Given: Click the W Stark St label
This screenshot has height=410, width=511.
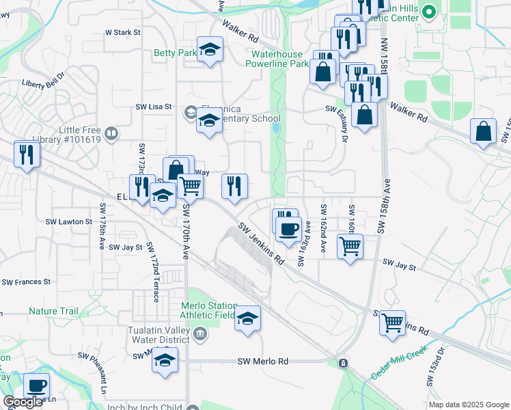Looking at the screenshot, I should click(x=122, y=32).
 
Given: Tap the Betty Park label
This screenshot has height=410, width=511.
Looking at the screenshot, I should click(x=175, y=53).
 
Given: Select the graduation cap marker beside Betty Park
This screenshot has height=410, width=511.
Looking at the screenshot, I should click(x=210, y=50).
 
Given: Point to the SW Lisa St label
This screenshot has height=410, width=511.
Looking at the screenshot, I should click(x=153, y=107).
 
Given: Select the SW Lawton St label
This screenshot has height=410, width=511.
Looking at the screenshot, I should click(x=68, y=221).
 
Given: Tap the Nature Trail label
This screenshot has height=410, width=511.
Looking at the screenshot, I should click(x=54, y=311).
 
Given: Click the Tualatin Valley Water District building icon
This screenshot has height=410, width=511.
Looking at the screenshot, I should click(x=200, y=333).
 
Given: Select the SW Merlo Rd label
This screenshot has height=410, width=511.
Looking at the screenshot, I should click(x=262, y=361).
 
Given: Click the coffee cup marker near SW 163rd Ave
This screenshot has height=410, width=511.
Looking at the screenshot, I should click(x=289, y=229).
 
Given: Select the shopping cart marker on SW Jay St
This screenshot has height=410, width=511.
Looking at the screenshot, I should click(x=350, y=245).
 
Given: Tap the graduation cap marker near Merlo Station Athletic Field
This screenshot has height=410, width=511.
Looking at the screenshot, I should click(x=247, y=318).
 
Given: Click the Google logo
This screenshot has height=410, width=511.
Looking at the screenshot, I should click(x=23, y=402).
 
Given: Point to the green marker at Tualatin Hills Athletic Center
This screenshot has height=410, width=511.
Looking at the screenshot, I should click(x=429, y=11).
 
